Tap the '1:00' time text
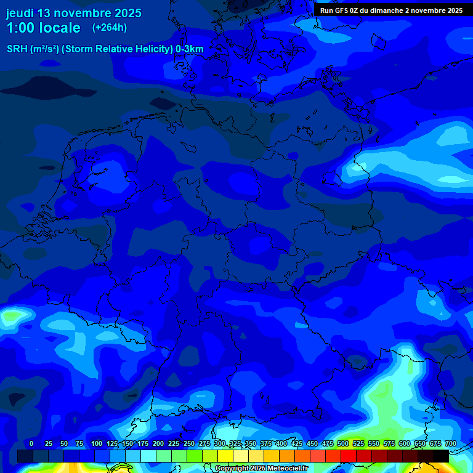pyautogui.click(x=20, y=28)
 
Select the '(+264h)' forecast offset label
pyautogui.click(x=109, y=28)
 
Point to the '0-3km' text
pyautogui.click(x=189, y=49)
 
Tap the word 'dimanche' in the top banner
pyautogui.click(x=390, y=10)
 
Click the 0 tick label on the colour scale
pyautogui.click(x=31, y=443)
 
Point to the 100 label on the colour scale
pyautogui.click(x=97, y=443)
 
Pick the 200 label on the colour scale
pyautogui.click(x=158, y=443)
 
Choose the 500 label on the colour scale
pyautogui.click(x=343, y=443)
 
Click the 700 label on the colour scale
pyautogui.click(x=450, y=443)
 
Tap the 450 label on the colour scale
pyautogui.click(x=312, y=443)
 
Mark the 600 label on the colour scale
pyautogui.click(x=405, y=443)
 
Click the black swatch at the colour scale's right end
pyautogui.click(x=441, y=456)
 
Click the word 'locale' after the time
pyautogui.click(x=60, y=28)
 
